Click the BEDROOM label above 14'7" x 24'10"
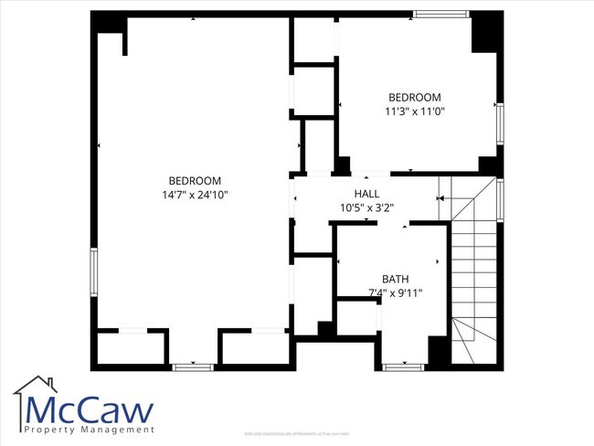[195, 181]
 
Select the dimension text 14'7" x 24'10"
[195, 195]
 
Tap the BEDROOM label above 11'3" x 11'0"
[415, 98]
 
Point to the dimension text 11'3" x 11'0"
[415, 111]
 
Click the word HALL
[367, 195]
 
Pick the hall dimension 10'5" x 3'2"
[367, 208]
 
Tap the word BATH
[396, 280]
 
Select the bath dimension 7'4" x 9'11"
[396, 293]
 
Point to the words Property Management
[90, 430]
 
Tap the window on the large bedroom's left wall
[92, 272]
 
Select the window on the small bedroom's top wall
[442, 15]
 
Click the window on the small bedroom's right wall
[500, 123]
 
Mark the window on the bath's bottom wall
[403, 366]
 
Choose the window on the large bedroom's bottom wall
[193, 366]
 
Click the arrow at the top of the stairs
[442, 197]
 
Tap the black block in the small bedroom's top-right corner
[483, 33]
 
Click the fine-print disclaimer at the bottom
[297, 433]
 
